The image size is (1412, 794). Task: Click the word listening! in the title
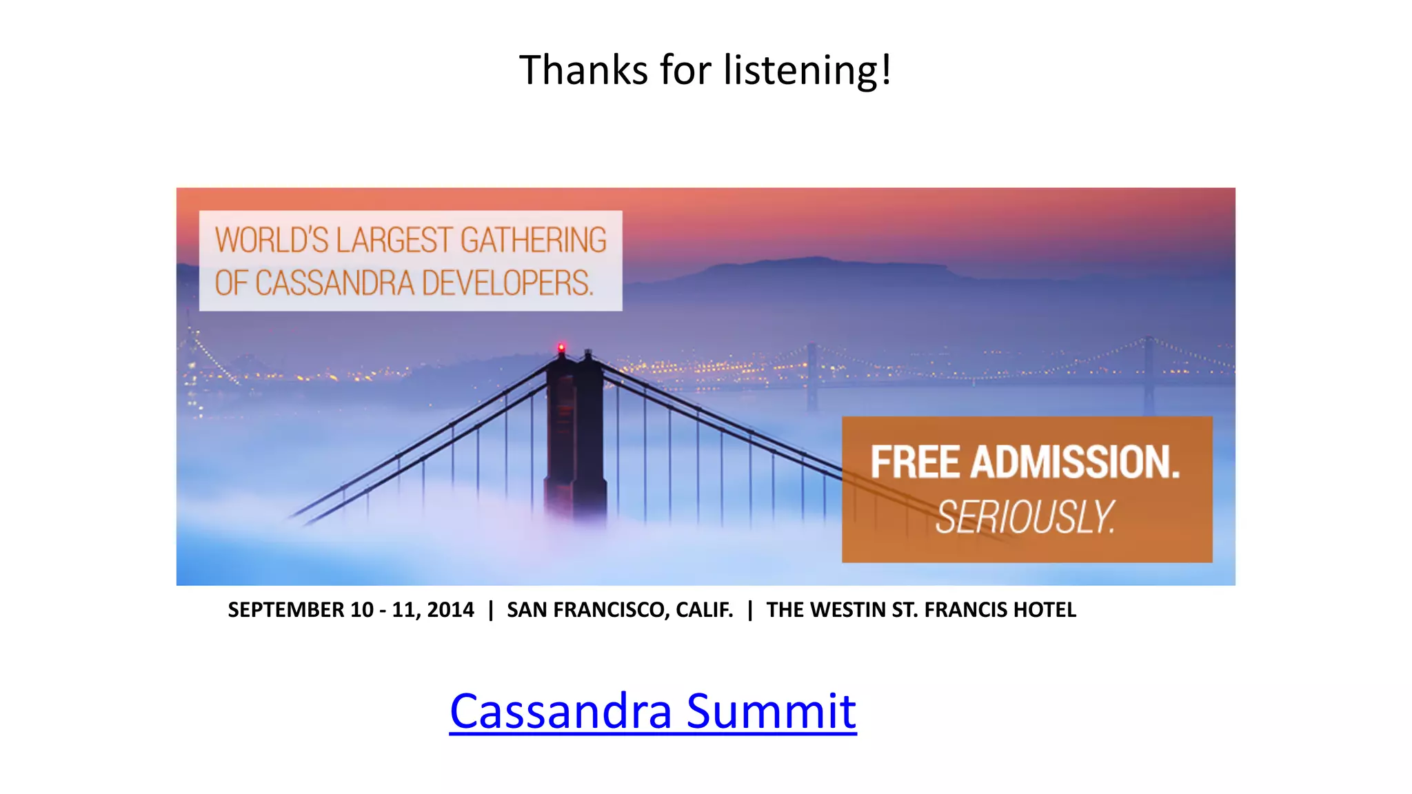tap(807, 70)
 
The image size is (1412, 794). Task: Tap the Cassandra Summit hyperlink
tap(652, 711)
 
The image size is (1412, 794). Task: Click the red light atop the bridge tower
tap(561, 347)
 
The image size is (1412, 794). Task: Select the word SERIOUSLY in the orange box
tap(1025, 517)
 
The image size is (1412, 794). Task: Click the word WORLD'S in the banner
tap(272, 241)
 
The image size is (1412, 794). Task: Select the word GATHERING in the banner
tap(534, 241)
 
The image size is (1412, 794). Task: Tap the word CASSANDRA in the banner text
tap(335, 283)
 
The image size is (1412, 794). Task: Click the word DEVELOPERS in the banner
tap(507, 283)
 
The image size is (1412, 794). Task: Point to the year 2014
tap(450, 610)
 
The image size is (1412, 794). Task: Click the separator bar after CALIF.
tap(750, 610)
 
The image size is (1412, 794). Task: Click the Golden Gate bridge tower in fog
tap(575, 441)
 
